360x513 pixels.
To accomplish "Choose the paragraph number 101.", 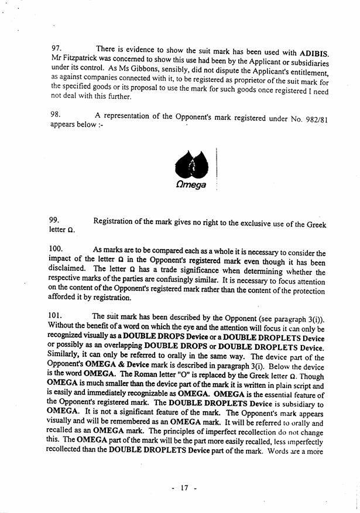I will point(59,316).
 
